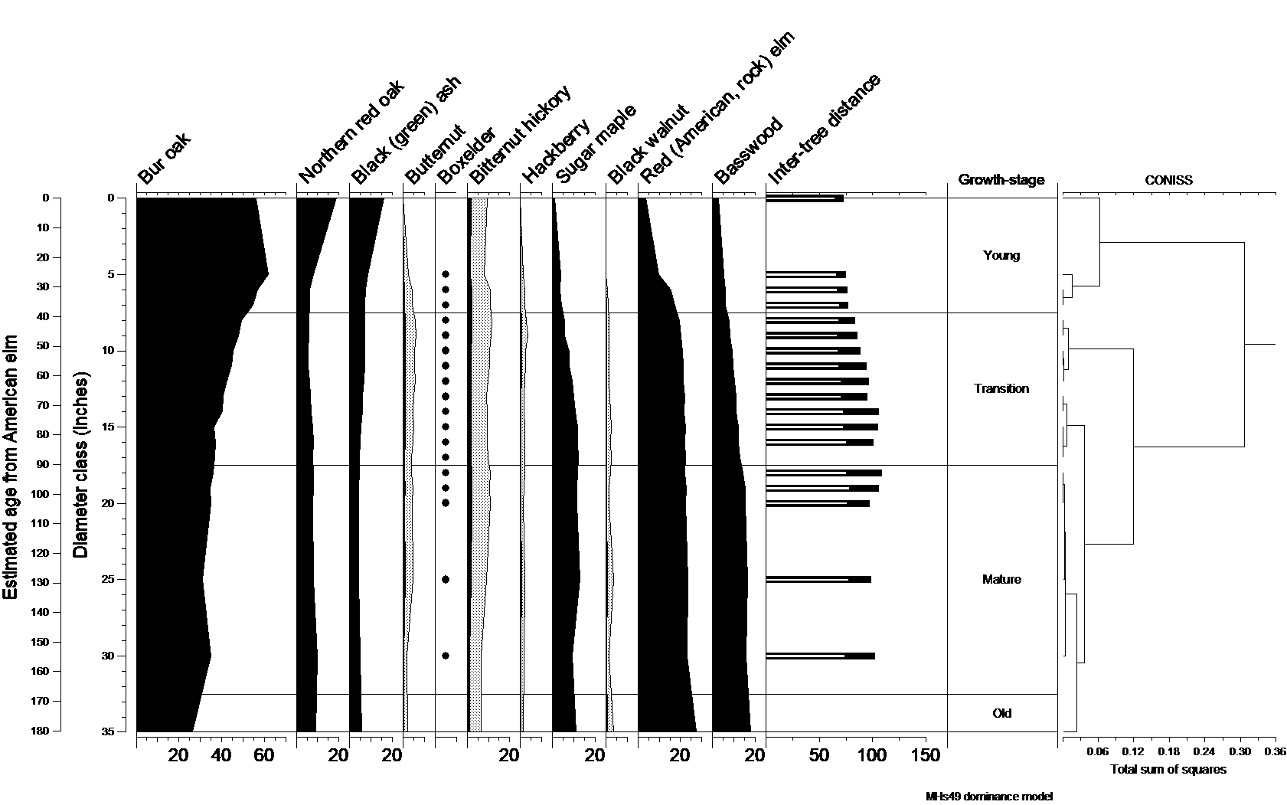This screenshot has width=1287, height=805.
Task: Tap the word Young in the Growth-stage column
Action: point(1001,256)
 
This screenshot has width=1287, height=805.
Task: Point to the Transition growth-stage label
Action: point(1001,389)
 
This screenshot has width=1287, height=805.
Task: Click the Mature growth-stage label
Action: point(1001,580)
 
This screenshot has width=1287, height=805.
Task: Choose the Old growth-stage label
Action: point(1001,714)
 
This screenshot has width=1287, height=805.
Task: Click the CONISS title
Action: point(1168,182)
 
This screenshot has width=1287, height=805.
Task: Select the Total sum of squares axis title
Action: point(1168,770)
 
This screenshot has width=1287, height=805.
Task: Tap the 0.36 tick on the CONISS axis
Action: point(1274,752)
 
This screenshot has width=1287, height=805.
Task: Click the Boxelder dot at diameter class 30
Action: point(446,656)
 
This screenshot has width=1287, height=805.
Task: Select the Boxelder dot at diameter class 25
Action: point(446,580)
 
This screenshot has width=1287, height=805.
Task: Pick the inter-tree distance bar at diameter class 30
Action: point(819,656)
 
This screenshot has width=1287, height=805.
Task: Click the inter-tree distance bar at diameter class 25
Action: point(818,580)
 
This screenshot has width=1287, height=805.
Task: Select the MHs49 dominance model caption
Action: point(989,797)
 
